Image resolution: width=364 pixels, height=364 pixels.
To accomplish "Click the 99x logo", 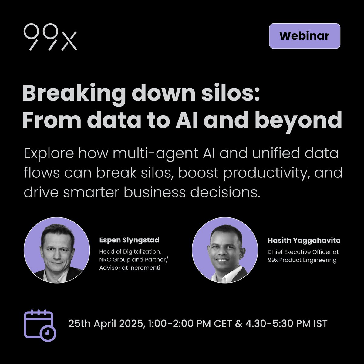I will (50, 37).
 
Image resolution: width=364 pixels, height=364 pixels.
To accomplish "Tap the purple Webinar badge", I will (305, 36).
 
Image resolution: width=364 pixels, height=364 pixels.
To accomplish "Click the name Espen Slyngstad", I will (129, 240).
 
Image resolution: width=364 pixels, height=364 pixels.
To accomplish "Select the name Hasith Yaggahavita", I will (304, 241).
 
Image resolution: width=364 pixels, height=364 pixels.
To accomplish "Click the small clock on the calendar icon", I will (48, 333).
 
